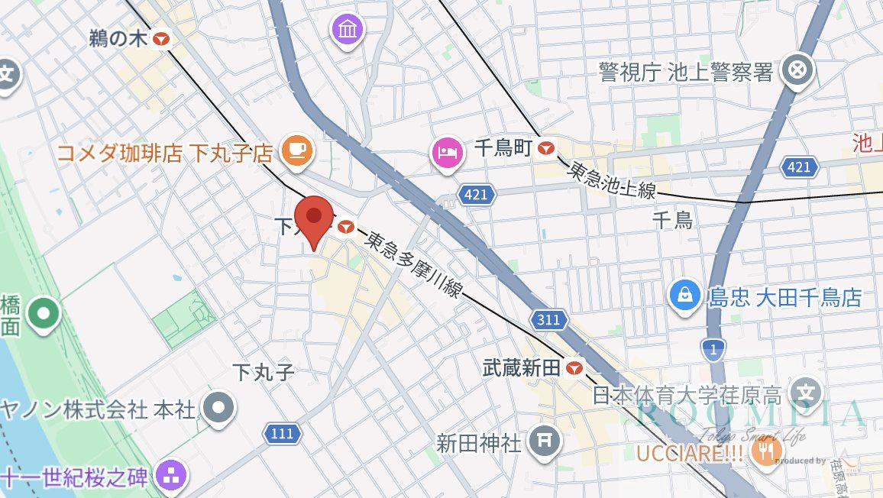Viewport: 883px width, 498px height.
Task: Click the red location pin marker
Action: click(314, 218)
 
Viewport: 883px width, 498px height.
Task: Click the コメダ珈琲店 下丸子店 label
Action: click(165, 153)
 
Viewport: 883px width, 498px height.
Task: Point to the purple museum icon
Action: click(348, 31)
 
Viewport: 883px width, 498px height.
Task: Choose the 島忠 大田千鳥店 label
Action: click(785, 296)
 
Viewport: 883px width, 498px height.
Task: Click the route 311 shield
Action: click(548, 319)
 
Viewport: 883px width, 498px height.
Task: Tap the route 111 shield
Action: click(281, 434)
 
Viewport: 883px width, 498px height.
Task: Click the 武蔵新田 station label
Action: click(522, 368)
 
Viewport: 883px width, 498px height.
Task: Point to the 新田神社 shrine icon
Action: click(546, 441)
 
